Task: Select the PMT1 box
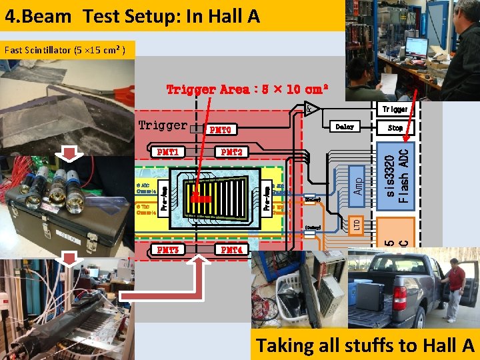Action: (167, 152)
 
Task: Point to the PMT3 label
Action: (167, 250)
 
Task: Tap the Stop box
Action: (395, 127)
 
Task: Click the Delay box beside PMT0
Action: (345, 126)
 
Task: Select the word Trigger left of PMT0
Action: (162, 125)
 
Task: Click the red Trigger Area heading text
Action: (247, 89)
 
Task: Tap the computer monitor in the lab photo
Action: (417, 46)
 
